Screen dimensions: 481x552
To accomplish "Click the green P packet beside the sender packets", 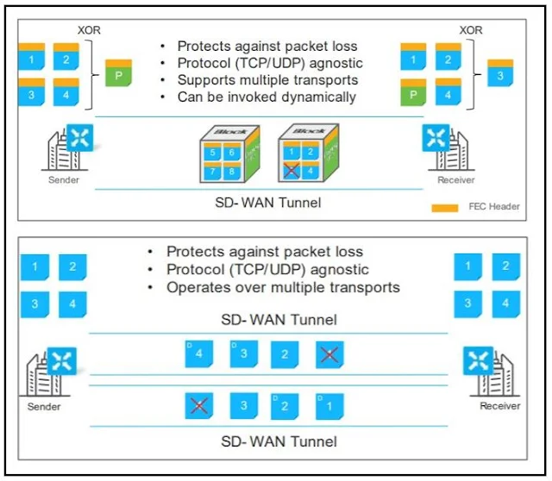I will point(118,73).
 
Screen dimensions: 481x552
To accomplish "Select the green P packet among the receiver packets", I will point(414,91).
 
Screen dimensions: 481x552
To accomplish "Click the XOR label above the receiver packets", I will point(471,29).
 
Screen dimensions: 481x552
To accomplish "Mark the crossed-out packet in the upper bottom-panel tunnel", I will point(327,354).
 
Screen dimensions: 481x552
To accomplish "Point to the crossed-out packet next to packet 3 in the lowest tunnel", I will point(199,405).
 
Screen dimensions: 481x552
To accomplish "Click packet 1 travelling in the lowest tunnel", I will point(329,405).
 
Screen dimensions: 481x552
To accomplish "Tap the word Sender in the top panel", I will point(63,181).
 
